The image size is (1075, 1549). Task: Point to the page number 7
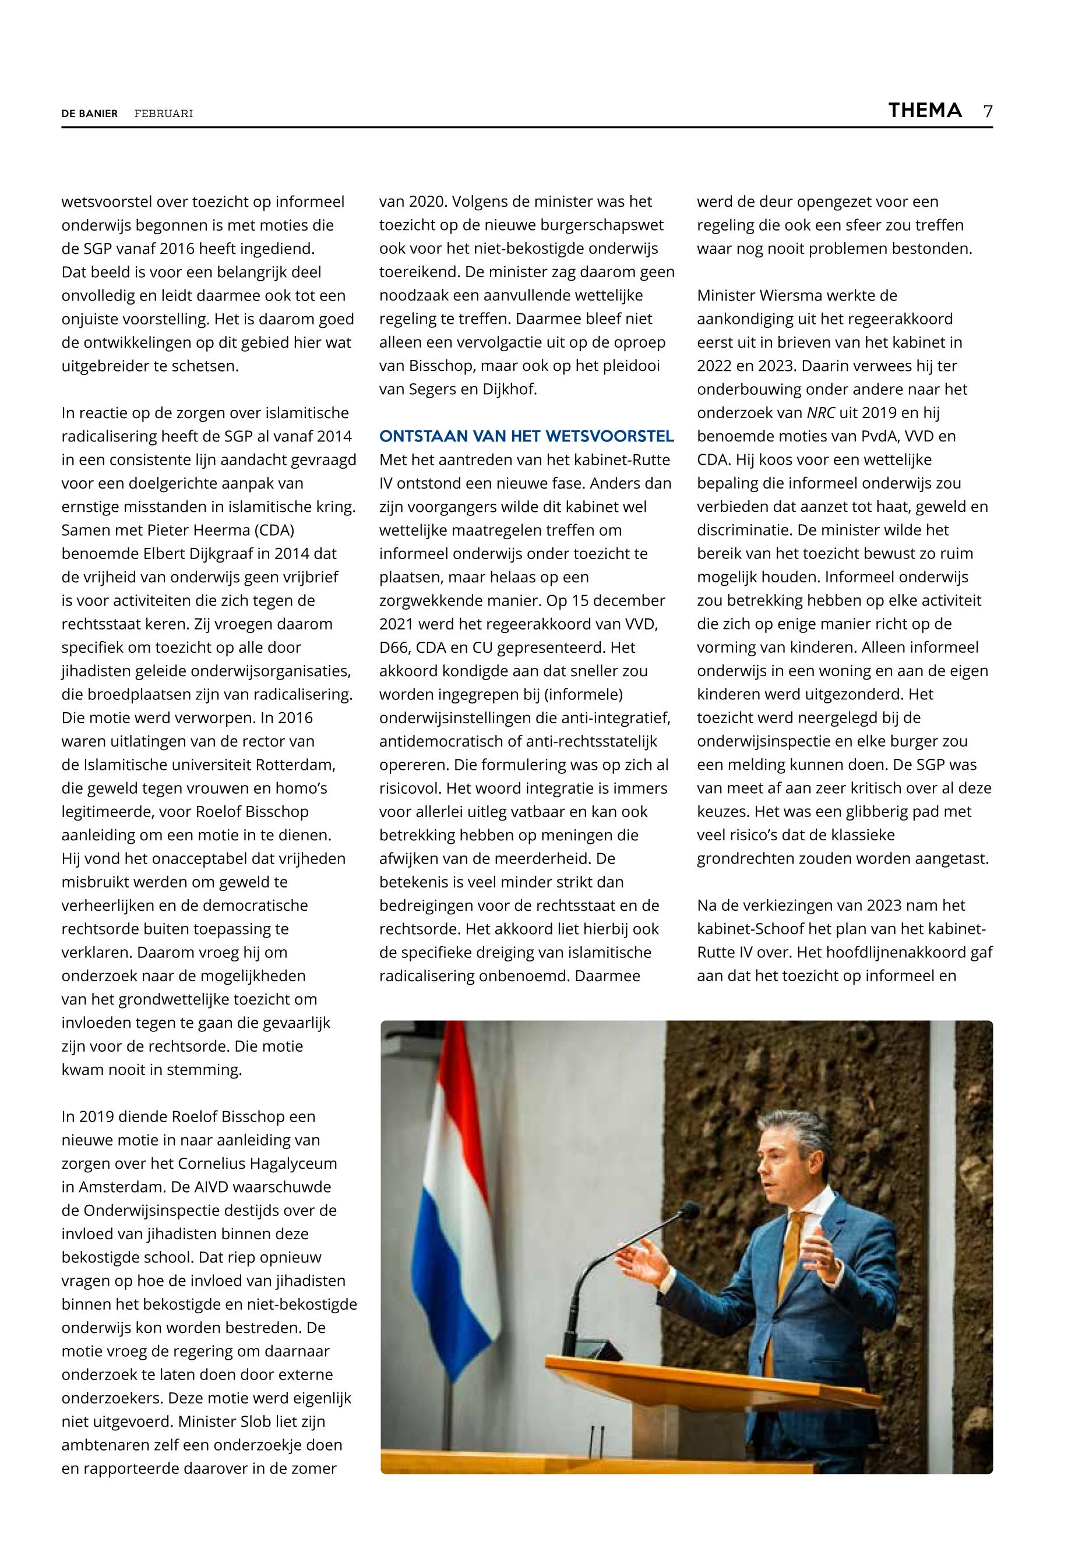988,111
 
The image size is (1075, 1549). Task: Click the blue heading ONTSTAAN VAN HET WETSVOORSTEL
526,436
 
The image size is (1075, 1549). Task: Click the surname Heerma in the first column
228,530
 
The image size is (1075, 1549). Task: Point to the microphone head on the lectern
688,1211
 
